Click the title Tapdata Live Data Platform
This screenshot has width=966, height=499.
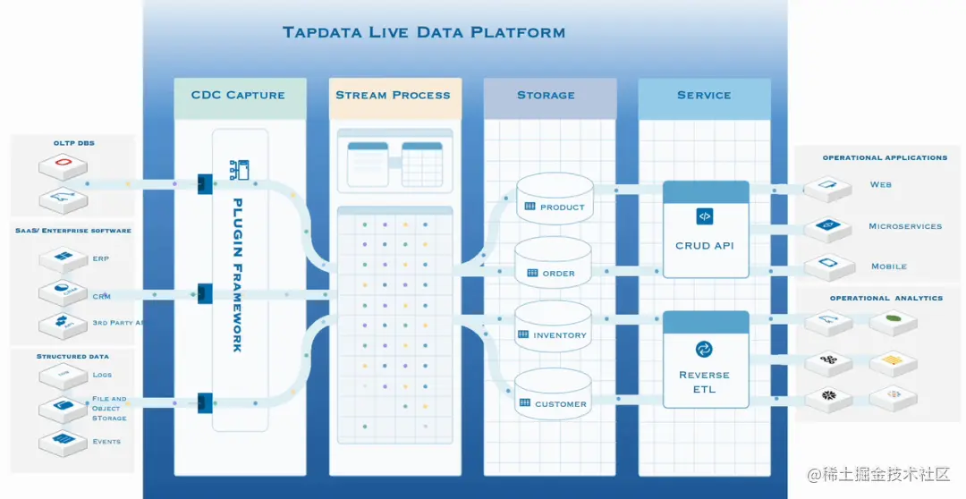(x=423, y=33)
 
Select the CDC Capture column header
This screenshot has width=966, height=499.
(x=238, y=95)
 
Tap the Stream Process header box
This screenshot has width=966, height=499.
(x=394, y=95)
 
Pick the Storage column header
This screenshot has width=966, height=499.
(x=546, y=95)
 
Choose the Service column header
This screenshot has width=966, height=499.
(x=704, y=95)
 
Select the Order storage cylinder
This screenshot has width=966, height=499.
(x=555, y=263)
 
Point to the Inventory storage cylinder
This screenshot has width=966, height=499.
(x=555, y=326)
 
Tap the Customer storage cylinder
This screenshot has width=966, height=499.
(x=555, y=393)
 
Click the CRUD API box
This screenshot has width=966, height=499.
(x=706, y=230)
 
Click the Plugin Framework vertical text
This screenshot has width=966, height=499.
(x=237, y=275)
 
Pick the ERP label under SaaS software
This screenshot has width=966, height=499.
(x=101, y=258)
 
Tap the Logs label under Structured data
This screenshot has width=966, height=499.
(x=102, y=375)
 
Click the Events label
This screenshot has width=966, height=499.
(x=106, y=442)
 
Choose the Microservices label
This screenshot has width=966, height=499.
(x=905, y=226)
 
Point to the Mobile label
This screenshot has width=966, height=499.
(x=889, y=266)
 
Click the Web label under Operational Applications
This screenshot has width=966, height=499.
(x=881, y=185)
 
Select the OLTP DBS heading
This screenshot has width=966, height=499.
(x=74, y=143)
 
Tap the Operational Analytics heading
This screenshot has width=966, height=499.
(x=885, y=298)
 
